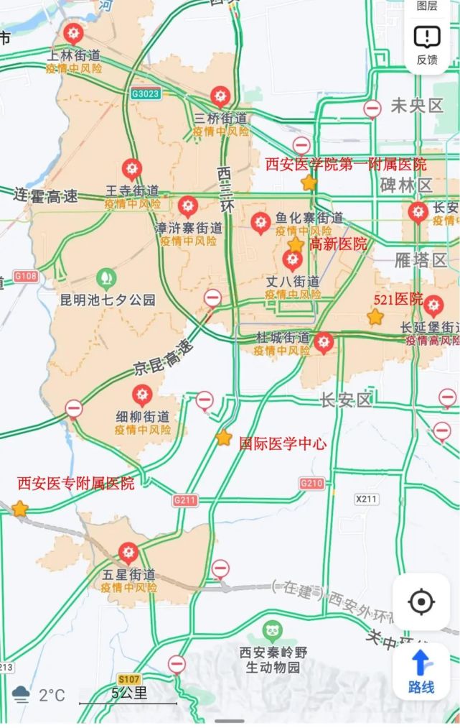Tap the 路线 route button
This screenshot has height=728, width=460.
click(421, 671)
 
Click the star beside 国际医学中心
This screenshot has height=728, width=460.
click(224, 437)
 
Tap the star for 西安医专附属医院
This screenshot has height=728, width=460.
click(20, 509)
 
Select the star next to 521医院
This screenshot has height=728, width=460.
click(375, 316)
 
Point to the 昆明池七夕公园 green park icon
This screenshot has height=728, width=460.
click(106, 276)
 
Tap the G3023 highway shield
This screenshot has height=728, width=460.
click(145, 93)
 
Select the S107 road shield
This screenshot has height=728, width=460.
click(129, 679)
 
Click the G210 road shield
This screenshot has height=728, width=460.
click(311, 483)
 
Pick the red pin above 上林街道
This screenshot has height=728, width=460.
click(72, 34)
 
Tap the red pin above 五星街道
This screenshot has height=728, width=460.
click(128, 553)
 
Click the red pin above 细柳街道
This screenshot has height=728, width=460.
click(142, 395)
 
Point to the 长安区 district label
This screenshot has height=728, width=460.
click(346, 400)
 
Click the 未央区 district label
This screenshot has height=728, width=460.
click(417, 106)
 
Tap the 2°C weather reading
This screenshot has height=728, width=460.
click(52, 695)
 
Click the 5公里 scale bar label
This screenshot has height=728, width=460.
click(129, 693)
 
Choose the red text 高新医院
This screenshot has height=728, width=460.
click(338, 244)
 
